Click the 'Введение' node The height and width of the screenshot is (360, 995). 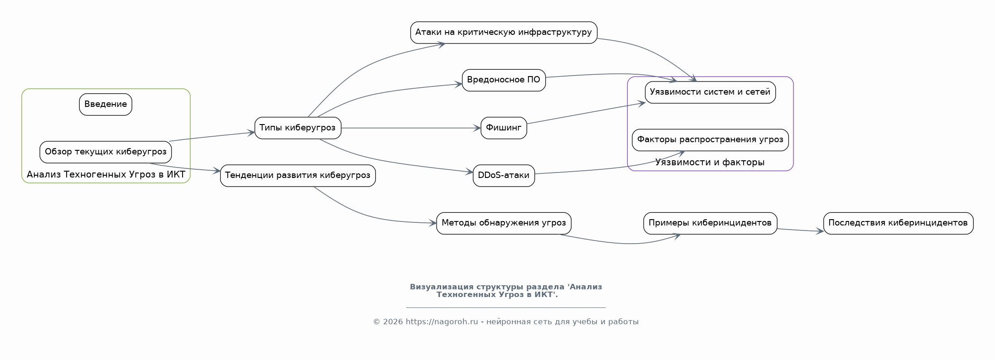point(106,105)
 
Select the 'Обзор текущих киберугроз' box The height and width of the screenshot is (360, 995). point(106,152)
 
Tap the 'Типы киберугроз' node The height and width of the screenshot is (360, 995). point(298,128)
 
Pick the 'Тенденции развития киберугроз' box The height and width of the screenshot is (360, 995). point(298,176)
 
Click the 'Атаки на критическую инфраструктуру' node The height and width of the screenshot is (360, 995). point(504,33)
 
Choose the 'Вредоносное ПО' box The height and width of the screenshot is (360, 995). point(504,80)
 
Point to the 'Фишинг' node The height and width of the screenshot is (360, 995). point(504,128)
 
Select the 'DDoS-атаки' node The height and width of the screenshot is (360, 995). point(504,176)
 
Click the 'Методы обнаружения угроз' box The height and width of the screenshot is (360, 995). point(504,223)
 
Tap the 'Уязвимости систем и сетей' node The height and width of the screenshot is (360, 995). point(710,92)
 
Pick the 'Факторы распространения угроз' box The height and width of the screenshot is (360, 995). point(710,140)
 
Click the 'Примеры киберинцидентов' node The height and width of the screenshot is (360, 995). point(710,223)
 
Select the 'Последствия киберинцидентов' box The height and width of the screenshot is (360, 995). point(898,223)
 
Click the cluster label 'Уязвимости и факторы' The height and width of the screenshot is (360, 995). point(710,163)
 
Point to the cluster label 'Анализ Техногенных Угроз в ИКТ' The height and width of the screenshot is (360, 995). point(106,175)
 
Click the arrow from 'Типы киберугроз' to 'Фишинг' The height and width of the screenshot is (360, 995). point(410,128)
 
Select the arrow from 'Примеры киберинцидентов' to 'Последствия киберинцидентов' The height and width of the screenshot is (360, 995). point(800,230)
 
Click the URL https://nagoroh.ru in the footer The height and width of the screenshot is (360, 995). point(442,322)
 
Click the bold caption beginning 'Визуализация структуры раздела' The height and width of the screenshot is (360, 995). point(505,291)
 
